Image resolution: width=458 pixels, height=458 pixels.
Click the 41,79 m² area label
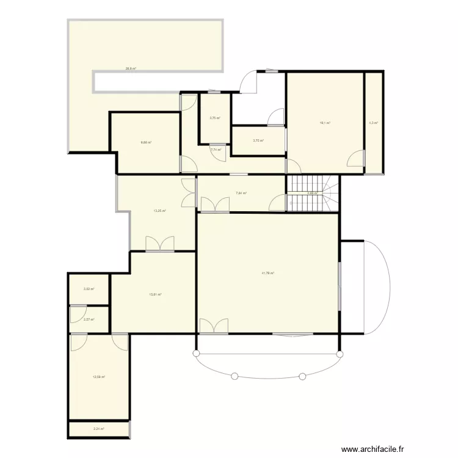268,273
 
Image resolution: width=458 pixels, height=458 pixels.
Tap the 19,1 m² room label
325,123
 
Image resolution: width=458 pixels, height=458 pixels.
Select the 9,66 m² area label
146,143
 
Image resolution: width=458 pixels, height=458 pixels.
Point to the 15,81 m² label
155,294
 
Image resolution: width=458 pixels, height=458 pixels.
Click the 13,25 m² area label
160,211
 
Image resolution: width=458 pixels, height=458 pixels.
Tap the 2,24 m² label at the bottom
99,429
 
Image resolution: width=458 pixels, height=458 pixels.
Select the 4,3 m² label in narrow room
373,123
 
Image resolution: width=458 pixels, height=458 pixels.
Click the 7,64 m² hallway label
241,194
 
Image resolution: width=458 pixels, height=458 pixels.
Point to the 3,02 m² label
89,289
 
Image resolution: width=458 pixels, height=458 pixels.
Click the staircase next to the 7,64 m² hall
311,194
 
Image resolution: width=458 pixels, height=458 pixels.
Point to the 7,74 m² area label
216,149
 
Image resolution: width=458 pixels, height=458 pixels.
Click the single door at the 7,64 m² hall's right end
278,203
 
